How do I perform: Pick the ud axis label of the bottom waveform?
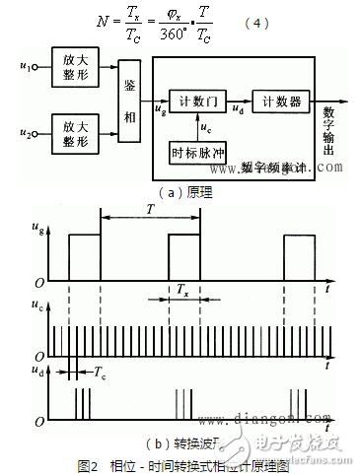tap(40, 371)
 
